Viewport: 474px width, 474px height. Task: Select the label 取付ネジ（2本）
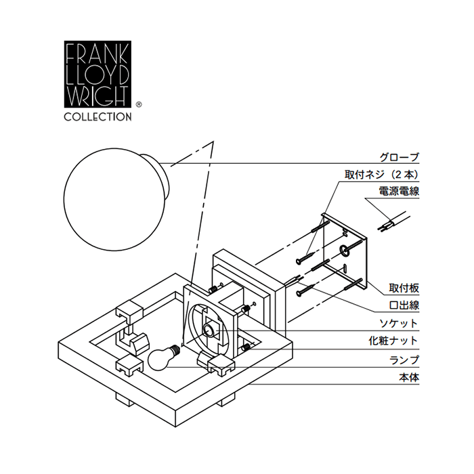point(383,174)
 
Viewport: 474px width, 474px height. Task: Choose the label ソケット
point(400,323)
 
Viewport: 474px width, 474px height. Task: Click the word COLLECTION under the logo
point(98,116)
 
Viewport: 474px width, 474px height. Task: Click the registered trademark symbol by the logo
point(139,105)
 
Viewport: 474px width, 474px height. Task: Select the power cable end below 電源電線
point(393,222)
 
